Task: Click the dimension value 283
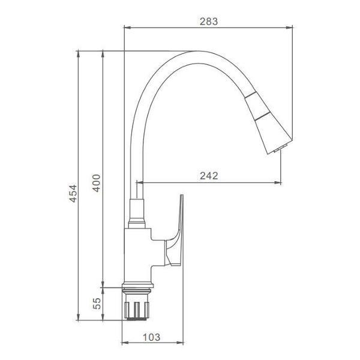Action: (208, 22)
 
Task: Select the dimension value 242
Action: (209, 176)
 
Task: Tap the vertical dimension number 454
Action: (73, 193)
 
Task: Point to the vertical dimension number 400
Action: (97, 183)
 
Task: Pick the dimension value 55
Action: (97, 303)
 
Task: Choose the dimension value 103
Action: (152, 337)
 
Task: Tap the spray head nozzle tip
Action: (281, 148)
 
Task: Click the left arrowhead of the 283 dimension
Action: (127, 28)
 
